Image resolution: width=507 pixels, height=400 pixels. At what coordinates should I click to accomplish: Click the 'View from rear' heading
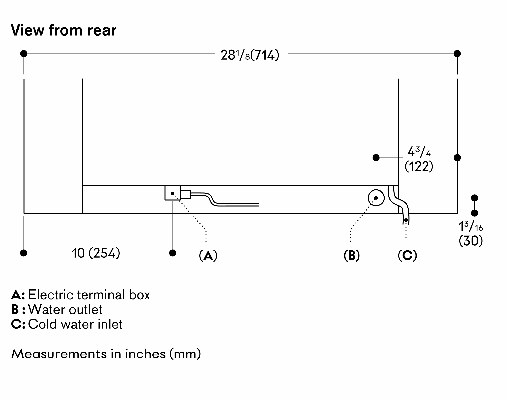coord(64,30)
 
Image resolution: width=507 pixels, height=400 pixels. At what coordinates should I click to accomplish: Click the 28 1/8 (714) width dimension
coord(250,55)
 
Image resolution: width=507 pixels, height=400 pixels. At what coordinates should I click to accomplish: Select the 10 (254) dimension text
coord(96,253)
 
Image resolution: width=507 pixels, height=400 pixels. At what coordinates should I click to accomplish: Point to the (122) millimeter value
coord(419,167)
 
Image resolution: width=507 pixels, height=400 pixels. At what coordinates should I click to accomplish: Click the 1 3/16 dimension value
coord(470,227)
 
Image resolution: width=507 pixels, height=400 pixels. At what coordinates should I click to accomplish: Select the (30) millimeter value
coord(471,241)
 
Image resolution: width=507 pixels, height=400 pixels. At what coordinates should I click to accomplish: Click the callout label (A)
coord(208,255)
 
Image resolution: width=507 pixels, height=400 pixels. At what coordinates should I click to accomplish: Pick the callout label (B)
coord(352,255)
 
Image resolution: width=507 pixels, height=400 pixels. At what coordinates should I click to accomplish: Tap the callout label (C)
coord(407,255)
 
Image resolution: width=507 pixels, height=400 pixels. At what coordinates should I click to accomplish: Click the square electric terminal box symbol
coord(172,193)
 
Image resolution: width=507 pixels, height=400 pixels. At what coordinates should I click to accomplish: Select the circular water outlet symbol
coord(376,198)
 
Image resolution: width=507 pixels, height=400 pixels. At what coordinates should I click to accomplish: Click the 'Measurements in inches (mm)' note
coord(106,354)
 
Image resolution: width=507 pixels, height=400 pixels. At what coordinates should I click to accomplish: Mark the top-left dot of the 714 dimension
coord(24,54)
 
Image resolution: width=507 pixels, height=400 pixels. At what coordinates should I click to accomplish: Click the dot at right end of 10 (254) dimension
coord(173,253)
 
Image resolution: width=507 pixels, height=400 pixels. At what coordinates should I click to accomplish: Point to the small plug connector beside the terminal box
coord(186,194)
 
